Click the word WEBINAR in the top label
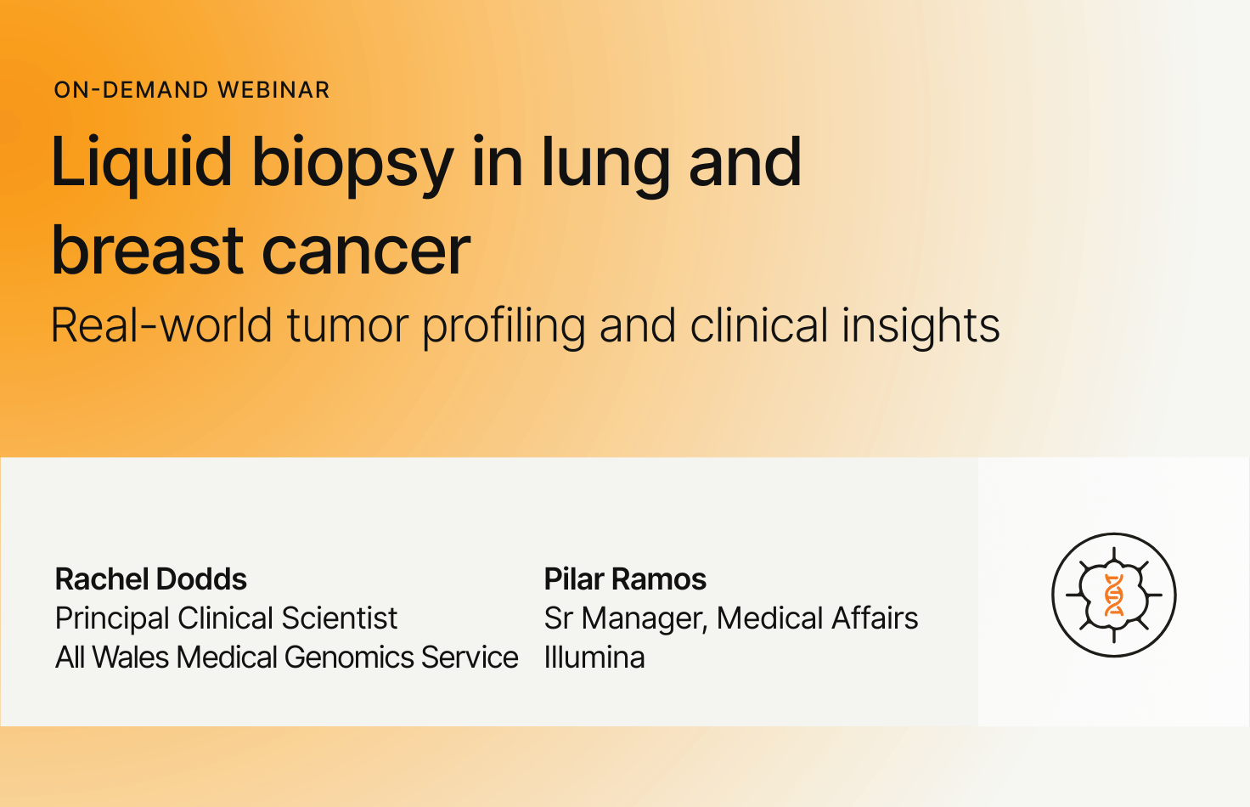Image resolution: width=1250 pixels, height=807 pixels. [273, 90]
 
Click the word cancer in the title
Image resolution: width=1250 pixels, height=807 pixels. [366, 252]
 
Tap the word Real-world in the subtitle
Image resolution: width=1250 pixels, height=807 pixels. [161, 325]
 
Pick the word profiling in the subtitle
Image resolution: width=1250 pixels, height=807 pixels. [504, 327]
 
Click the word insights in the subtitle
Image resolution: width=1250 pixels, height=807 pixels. [921, 327]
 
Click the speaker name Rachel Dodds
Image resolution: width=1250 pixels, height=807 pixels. [150, 578]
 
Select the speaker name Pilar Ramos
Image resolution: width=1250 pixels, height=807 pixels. [625, 578]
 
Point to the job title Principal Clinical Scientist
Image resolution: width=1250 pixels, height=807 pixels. [226, 618]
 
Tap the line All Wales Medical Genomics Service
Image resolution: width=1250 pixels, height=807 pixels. [287, 657]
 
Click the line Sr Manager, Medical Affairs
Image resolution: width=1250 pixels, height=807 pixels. [731, 618]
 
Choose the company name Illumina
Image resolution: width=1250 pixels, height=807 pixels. [594, 657]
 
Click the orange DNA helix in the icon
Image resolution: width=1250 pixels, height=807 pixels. [1114, 595]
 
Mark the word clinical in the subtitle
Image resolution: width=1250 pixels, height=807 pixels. [759, 325]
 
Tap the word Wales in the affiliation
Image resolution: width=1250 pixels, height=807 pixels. [131, 657]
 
